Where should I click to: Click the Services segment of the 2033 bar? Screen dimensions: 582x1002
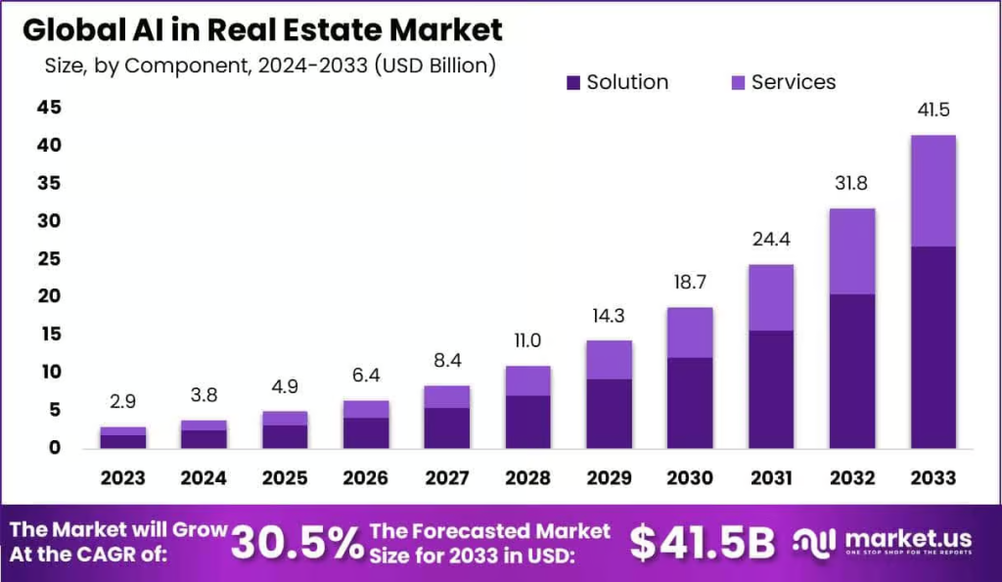point(933,191)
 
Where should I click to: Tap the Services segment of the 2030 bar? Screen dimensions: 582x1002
point(689,333)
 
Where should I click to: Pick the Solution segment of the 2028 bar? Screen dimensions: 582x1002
point(527,422)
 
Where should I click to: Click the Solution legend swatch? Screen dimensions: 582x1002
point(573,82)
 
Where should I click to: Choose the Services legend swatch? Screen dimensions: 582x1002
point(738,82)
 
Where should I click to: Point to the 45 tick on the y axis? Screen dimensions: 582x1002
point(50,108)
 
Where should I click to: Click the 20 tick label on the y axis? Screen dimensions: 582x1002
point(50,296)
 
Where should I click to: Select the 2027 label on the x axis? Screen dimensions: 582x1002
point(446,478)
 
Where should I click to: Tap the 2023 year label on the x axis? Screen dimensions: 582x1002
point(122,478)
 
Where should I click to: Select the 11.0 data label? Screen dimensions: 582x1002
point(527,341)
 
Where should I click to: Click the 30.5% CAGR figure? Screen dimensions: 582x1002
point(297,543)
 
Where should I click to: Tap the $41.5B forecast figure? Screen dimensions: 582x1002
point(702,543)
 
